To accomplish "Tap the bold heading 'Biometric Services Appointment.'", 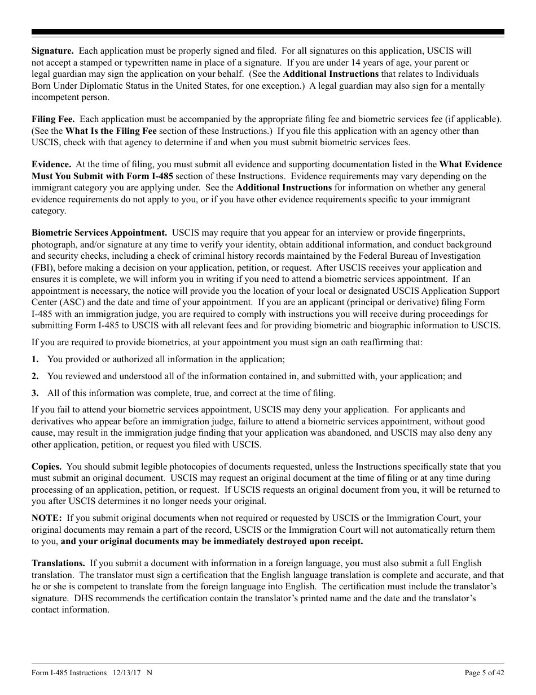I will click(x=99, y=233).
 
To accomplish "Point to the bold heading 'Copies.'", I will click(x=47, y=467).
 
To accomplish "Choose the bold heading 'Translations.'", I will click(x=58, y=563).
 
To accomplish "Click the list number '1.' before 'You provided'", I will click(x=35, y=359).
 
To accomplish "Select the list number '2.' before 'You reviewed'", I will click(x=35, y=376).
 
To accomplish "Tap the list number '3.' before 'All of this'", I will click(x=35, y=393).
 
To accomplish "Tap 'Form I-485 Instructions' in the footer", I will click(x=69, y=673).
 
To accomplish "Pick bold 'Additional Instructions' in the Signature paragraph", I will click(x=331, y=74).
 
